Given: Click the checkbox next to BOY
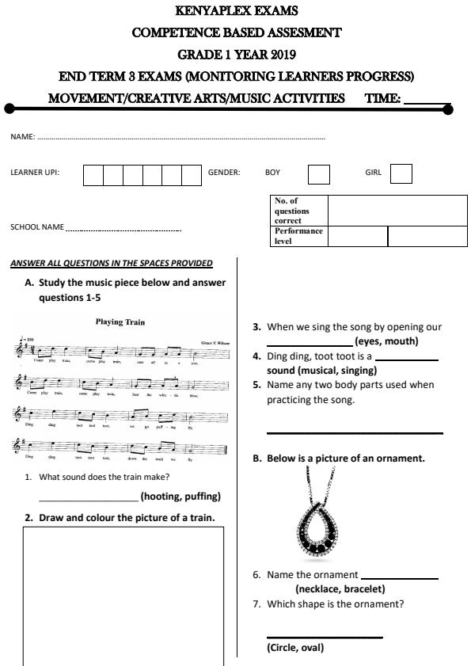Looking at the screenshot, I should coord(318,173).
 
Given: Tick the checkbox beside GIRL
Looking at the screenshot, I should coord(401,173).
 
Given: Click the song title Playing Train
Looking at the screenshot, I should coord(120,322).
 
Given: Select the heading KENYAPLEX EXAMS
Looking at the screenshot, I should coord(237,10).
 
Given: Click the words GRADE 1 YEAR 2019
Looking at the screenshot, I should coord(237,55).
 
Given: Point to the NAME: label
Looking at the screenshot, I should coord(22,137).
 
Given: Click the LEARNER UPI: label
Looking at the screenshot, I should coord(35,172).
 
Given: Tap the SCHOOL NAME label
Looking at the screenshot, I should coord(37,227).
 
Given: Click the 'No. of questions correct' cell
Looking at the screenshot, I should coord(298,211).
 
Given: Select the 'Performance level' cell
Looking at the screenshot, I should coord(298,236).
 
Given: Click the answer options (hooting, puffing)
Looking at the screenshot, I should coord(180,497).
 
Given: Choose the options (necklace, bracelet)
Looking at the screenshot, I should coord(340,588).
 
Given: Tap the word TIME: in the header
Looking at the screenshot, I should coord(382,99).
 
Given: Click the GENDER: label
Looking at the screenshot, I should coord(224,172).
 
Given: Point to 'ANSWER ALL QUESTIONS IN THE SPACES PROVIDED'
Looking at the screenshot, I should coord(112,263).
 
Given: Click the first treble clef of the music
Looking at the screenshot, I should coord(19,348).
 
